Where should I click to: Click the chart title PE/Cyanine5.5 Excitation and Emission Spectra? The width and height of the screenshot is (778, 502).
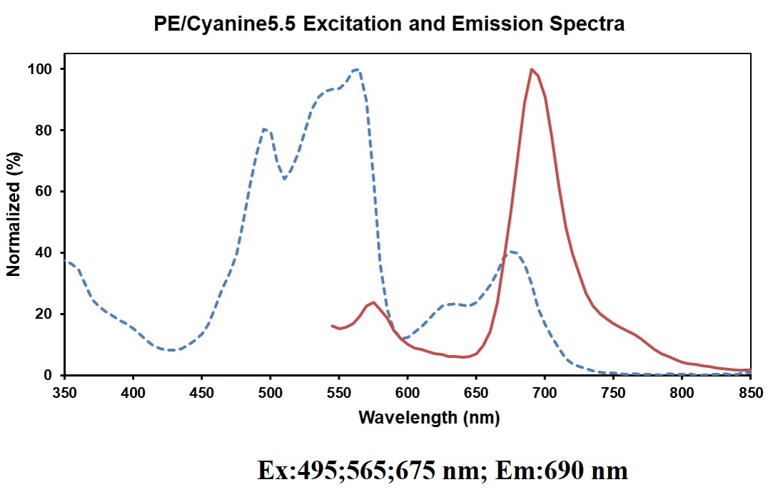[x=389, y=25]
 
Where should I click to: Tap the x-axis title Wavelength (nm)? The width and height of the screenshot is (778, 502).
[x=428, y=418]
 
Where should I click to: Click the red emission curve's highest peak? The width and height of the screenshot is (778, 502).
[x=532, y=69]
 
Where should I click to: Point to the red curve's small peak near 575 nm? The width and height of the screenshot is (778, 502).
[x=373, y=302]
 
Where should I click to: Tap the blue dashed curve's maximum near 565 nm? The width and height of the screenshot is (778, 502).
[x=357, y=70]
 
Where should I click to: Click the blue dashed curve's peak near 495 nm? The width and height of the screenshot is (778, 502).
[x=264, y=129]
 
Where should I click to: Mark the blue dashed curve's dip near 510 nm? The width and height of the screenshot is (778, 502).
[x=284, y=179]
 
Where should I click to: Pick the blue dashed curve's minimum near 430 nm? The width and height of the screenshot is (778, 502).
[x=171, y=350]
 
